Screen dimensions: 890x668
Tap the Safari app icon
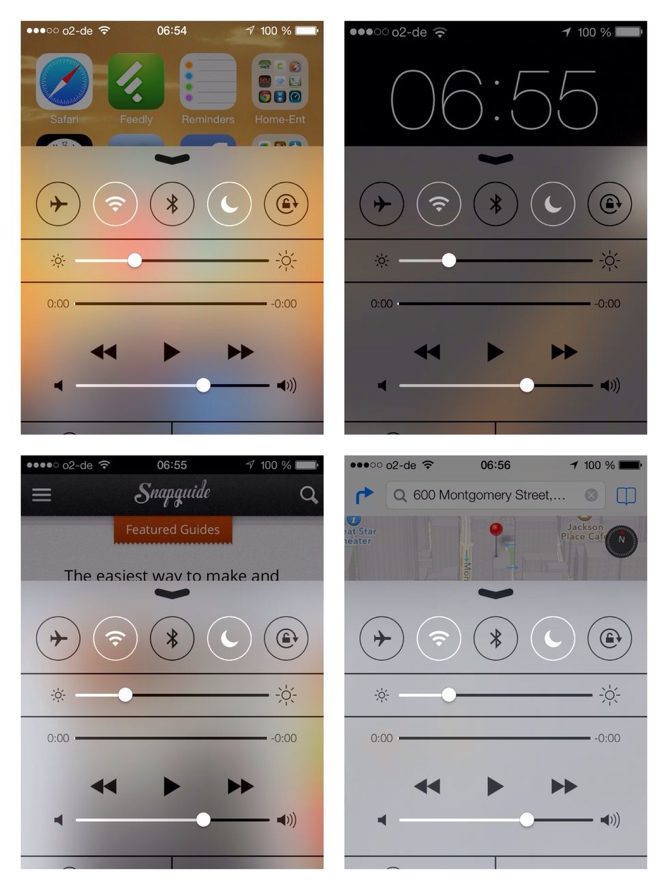click(x=64, y=82)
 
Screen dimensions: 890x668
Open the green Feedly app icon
click(x=136, y=82)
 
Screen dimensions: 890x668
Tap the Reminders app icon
click(x=208, y=82)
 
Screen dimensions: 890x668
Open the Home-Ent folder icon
click(x=279, y=82)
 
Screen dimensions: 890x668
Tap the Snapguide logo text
click(x=172, y=493)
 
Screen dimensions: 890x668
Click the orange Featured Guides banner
click(x=172, y=530)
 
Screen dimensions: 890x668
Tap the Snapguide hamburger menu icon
click(x=42, y=494)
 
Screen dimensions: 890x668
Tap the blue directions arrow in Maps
click(x=365, y=495)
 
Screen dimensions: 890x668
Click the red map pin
click(x=496, y=530)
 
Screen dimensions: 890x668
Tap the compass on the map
click(x=621, y=540)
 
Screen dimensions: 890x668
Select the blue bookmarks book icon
click(x=626, y=495)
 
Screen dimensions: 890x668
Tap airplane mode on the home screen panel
click(x=59, y=204)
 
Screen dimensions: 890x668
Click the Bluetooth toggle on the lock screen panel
click(x=496, y=204)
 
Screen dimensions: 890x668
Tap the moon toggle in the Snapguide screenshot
click(x=229, y=638)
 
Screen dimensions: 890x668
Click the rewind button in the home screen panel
click(x=104, y=352)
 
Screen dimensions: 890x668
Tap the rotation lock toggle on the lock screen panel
click(x=609, y=204)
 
